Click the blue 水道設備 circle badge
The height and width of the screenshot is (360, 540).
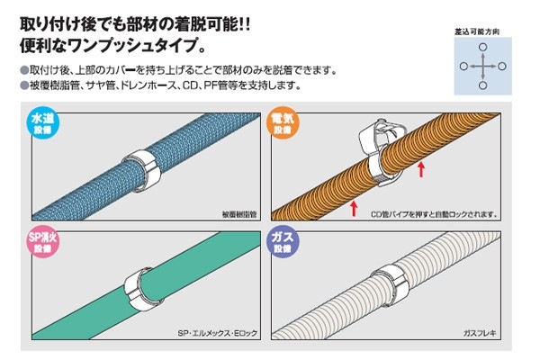click(42, 123)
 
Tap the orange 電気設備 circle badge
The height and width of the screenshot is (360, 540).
click(283, 122)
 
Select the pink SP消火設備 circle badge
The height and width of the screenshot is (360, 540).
click(42, 242)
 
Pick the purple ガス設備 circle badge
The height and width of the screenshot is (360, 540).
click(283, 242)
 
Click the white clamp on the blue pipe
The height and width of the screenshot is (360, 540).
click(141, 170)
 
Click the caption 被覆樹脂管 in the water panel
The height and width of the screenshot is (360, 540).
click(239, 214)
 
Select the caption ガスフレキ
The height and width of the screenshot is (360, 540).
click(480, 333)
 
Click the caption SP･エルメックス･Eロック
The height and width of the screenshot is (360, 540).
click(218, 333)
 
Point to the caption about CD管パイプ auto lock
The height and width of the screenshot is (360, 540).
click(434, 214)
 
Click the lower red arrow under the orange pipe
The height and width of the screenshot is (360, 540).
click(354, 209)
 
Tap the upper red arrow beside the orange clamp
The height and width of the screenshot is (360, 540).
click(421, 169)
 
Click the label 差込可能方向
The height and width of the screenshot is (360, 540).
click(477, 32)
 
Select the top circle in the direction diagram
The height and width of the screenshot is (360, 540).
click(483, 47)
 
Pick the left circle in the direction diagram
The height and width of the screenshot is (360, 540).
click(463, 66)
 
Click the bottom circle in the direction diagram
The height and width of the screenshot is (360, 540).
click(483, 85)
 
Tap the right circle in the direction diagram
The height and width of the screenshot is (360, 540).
click(502, 66)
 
